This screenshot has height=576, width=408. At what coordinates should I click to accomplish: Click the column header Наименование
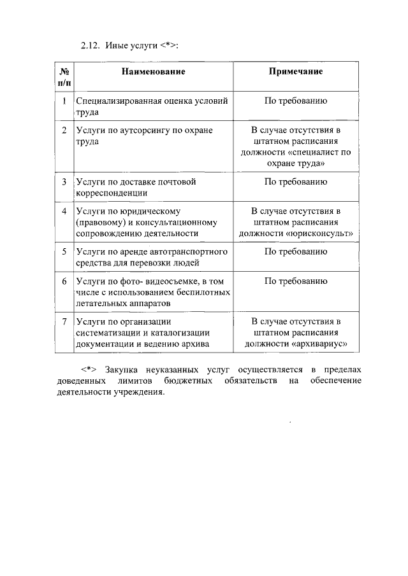(154, 71)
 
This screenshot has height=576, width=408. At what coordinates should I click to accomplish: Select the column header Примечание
(296, 71)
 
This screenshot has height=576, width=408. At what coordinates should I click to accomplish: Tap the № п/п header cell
(64, 77)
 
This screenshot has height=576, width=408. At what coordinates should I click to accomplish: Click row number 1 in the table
(64, 101)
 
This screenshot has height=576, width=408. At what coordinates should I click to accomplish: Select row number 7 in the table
(64, 321)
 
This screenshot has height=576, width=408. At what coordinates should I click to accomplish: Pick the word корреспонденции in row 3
(112, 192)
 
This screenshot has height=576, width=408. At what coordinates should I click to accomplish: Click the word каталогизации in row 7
(175, 332)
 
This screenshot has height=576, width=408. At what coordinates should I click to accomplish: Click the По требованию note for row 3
(296, 181)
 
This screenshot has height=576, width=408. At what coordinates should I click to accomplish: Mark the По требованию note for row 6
(296, 281)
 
